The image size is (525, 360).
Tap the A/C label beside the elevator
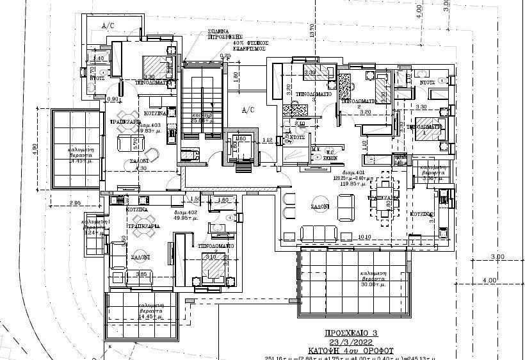point(248,110)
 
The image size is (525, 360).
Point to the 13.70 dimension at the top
point(312,29)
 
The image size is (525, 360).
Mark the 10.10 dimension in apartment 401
point(365,236)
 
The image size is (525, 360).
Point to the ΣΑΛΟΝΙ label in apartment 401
point(321,207)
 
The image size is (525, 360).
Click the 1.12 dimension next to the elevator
point(268,140)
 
